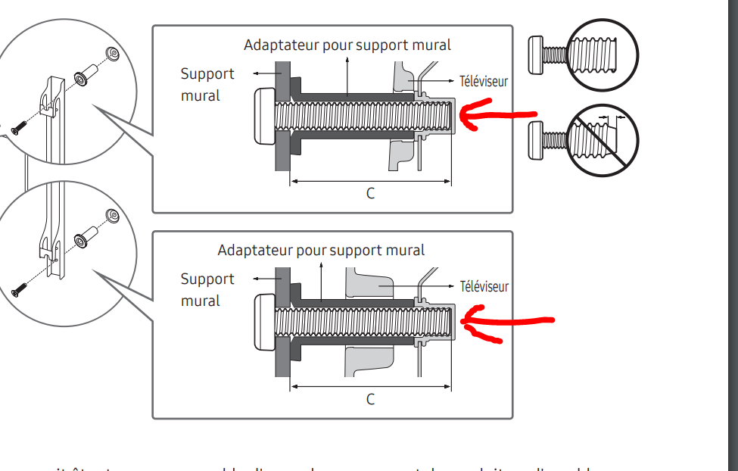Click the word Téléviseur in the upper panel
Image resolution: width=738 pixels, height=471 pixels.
484,81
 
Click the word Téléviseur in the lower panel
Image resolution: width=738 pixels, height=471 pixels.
484,287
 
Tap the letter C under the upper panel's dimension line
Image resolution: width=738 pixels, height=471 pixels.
370,194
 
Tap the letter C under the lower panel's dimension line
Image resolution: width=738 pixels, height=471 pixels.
370,399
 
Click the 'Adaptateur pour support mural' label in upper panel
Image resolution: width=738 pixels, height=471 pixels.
347,45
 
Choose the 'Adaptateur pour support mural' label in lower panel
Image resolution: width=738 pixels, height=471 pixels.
321,251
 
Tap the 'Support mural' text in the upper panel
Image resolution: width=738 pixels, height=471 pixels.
207,84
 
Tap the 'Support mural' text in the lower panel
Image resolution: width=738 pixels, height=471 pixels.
207,289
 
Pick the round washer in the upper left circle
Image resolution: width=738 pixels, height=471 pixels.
114,53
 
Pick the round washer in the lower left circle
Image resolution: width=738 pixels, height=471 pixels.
113,217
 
